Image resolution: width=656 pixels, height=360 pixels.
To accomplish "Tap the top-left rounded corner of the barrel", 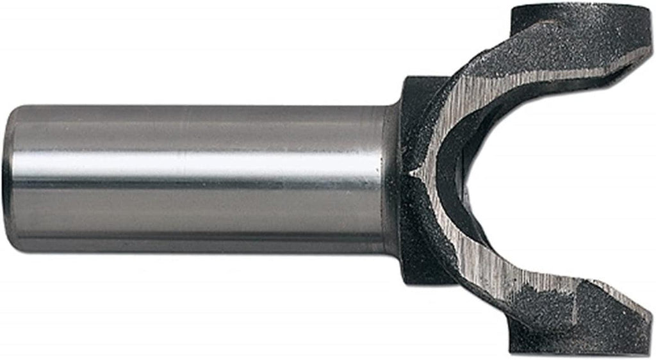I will click(17, 111).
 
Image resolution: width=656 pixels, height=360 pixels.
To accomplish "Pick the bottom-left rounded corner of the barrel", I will click(17, 247).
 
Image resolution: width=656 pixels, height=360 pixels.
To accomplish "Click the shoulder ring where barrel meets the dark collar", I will click(390, 179).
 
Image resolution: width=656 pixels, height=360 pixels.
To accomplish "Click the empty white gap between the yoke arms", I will click(564, 179).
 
